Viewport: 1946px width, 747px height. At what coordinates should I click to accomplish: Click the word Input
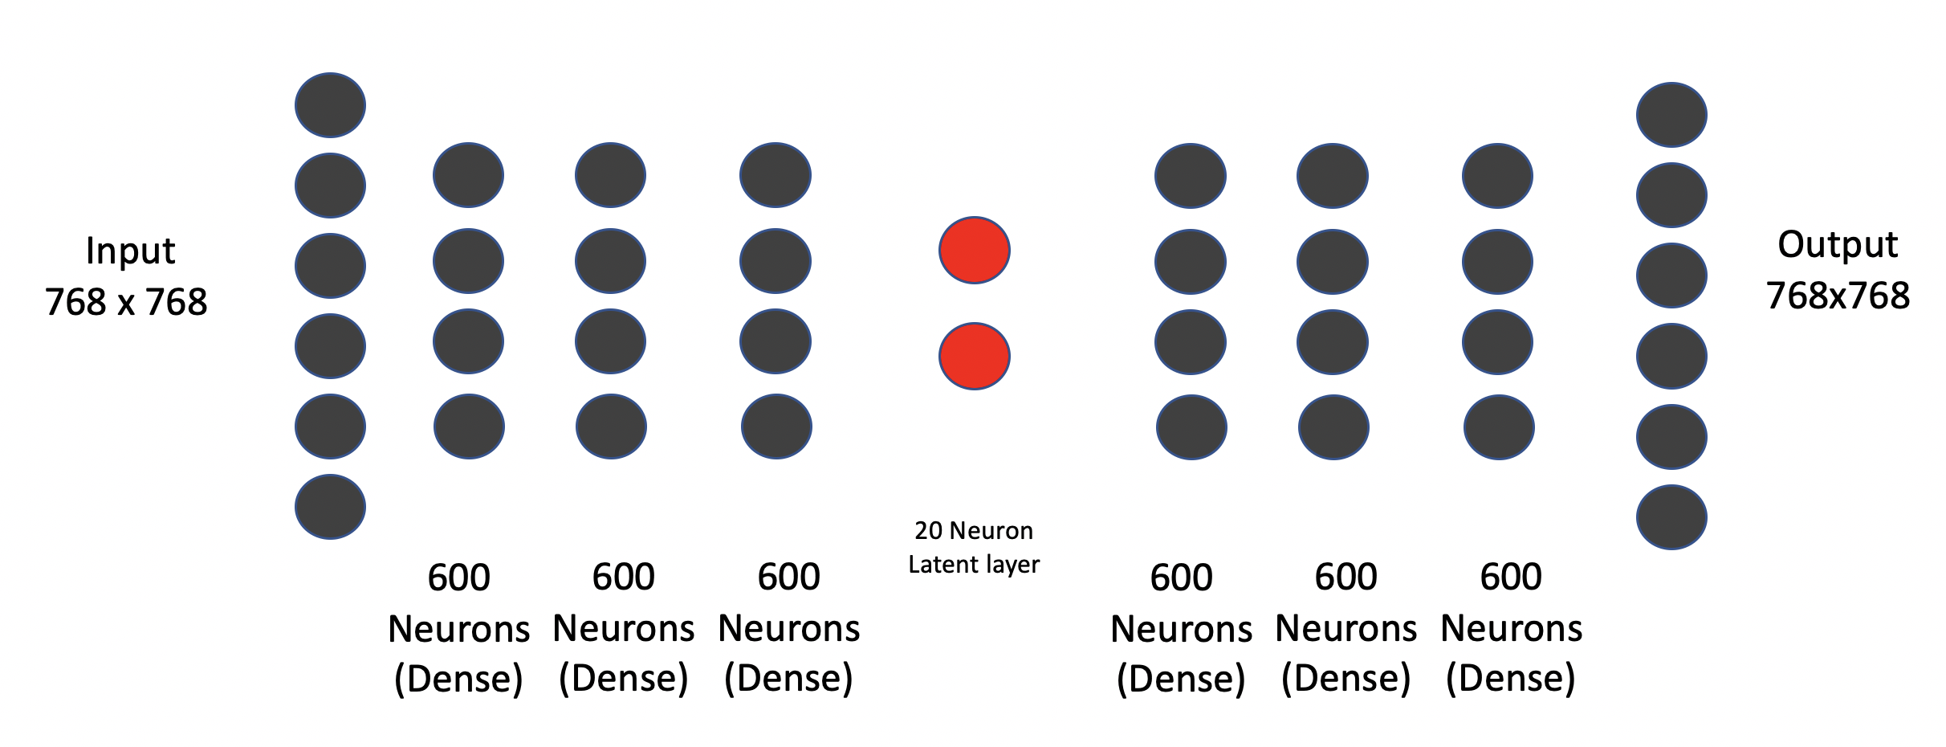point(130,251)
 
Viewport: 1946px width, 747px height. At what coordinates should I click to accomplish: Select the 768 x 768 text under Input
point(127,303)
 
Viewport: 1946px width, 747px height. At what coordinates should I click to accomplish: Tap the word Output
point(1837,245)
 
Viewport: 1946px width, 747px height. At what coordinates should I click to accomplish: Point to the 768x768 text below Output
point(1838,296)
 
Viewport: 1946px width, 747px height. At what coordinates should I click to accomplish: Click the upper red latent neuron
point(974,250)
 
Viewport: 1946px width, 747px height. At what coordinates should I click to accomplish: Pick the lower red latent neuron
point(974,357)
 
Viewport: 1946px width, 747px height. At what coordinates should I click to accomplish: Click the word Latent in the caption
point(935,565)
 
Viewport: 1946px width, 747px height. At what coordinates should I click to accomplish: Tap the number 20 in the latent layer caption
point(928,531)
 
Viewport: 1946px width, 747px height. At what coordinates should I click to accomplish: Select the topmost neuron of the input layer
point(330,105)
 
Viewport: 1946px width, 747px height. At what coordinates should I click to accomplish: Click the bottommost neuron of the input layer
point(330,507)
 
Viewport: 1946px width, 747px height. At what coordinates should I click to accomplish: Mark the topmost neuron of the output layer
point(1671,115)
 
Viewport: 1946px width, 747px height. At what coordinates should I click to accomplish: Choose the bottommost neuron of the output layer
point(1671,517)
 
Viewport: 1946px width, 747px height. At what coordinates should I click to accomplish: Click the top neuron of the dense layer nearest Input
point(468,175)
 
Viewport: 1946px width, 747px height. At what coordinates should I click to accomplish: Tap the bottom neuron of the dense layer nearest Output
point(1499,427)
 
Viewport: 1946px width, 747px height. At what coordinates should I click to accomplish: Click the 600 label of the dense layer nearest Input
point(458,578)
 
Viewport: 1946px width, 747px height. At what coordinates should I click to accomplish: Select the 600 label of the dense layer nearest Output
point(1511,577)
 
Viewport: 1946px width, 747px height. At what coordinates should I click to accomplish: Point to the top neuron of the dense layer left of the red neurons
point(775,175)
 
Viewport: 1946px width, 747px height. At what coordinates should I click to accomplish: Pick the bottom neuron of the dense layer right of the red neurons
point(1191,427)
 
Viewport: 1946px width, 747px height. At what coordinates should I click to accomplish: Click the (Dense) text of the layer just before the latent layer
point(788,679)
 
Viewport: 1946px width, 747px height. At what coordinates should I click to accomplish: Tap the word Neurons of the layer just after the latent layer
point(1181,629)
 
